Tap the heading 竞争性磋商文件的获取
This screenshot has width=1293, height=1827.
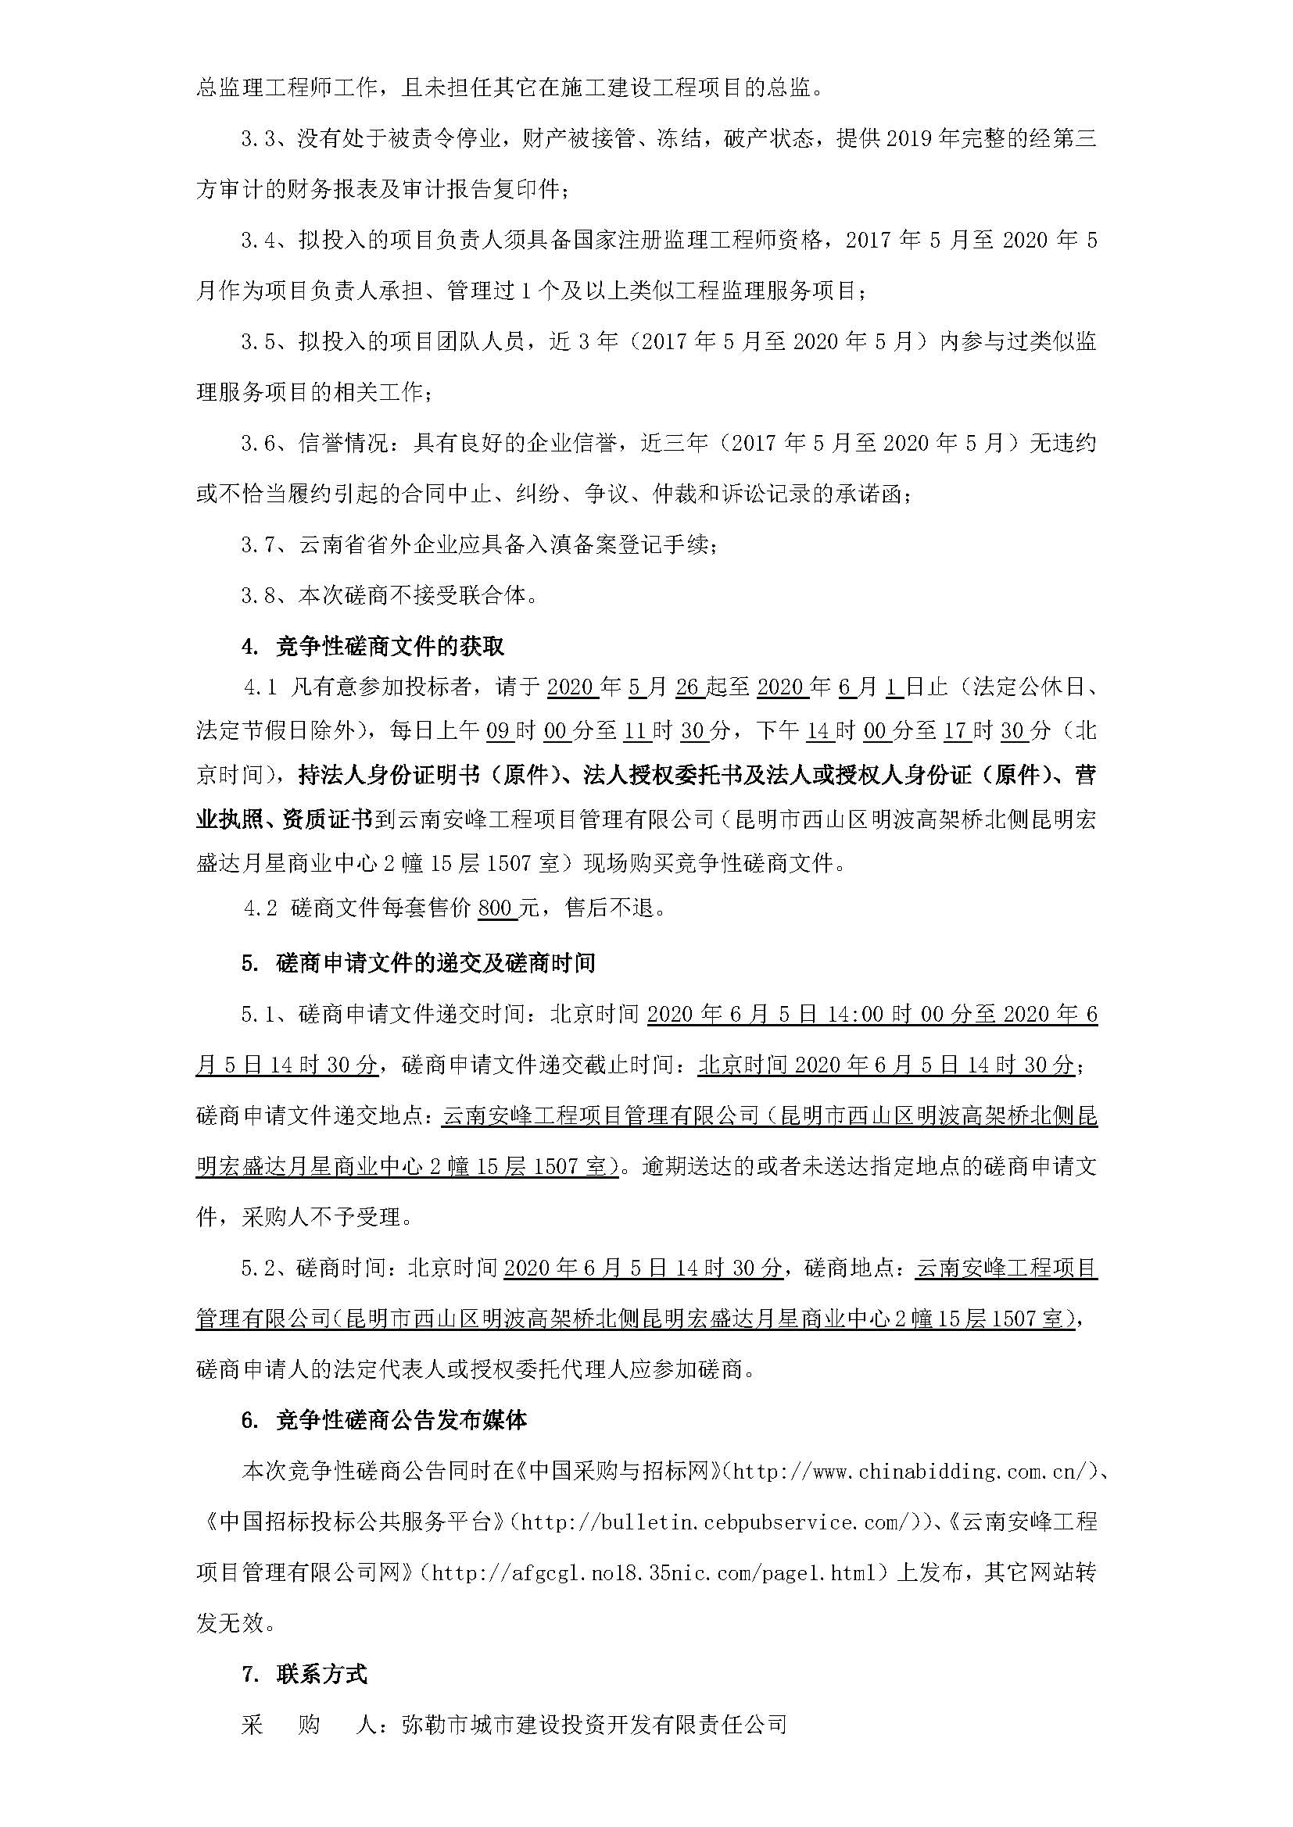pos(389,646)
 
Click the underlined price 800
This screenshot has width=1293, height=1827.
pos(498,908)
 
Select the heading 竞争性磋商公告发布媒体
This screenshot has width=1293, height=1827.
pos(401,1420)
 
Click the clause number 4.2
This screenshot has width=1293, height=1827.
pos(260,908)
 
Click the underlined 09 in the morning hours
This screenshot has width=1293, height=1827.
pos(499,730)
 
